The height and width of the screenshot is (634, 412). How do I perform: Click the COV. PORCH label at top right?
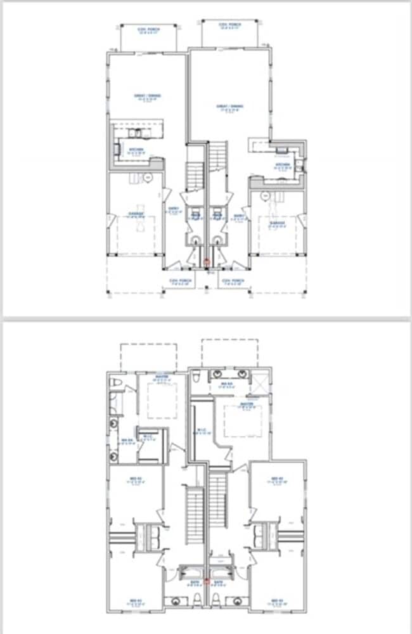point(230,25)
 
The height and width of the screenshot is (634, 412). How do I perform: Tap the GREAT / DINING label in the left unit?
point(147,97)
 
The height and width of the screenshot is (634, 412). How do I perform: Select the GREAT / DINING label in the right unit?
point(231,107)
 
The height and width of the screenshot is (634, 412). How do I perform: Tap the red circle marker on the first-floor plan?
point(206,261)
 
